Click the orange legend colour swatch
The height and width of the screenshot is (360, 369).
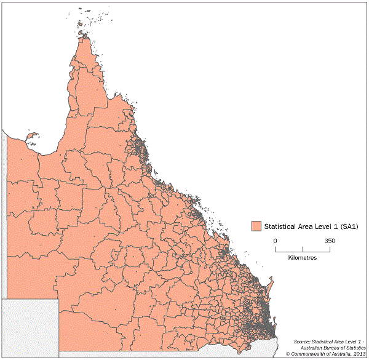256,226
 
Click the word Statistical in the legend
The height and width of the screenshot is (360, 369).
280,226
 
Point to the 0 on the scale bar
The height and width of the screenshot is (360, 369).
276,241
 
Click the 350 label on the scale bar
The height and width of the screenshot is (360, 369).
330,241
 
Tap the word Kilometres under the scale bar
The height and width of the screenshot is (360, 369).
303,257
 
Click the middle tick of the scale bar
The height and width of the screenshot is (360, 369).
303,248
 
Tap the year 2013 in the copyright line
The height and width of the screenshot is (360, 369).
357,354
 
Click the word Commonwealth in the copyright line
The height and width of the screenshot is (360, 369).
307,354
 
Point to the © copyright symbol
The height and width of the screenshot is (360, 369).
287,354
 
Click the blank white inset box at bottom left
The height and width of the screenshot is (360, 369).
30,327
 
